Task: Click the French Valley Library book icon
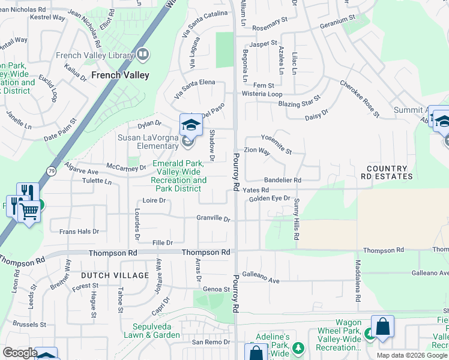143,55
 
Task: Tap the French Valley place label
120,76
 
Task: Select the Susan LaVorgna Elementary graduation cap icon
191,125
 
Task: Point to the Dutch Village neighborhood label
114,275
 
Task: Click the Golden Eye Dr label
270,198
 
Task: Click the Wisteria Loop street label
262,94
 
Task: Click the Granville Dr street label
214,219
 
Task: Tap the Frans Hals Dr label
79,231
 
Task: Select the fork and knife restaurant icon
28,192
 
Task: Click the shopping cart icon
29,211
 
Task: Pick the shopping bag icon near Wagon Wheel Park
382,327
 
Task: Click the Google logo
20,353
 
